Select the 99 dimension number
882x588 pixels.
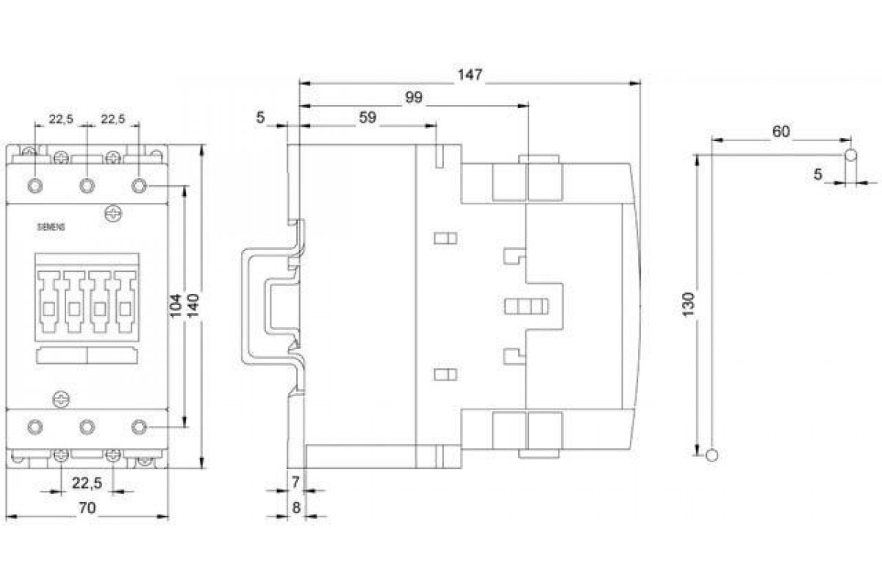click(x=414, y=98)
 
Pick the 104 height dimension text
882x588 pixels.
click(x=176, y=305)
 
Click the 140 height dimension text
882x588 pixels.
click(x=193, y=305)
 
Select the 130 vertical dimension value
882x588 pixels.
click(x=687, y=304)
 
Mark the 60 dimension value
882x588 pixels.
click(x=781, y=132)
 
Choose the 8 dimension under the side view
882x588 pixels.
click(x=295, y=508)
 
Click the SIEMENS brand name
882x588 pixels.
click(x=51, y=227)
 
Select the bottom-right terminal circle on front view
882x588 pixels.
click(x=140, y=426)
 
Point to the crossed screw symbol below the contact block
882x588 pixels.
click(x=62, y=399)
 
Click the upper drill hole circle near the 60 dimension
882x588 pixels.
click(x=850, y=155)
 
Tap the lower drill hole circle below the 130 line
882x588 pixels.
click(x=710, y=454)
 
